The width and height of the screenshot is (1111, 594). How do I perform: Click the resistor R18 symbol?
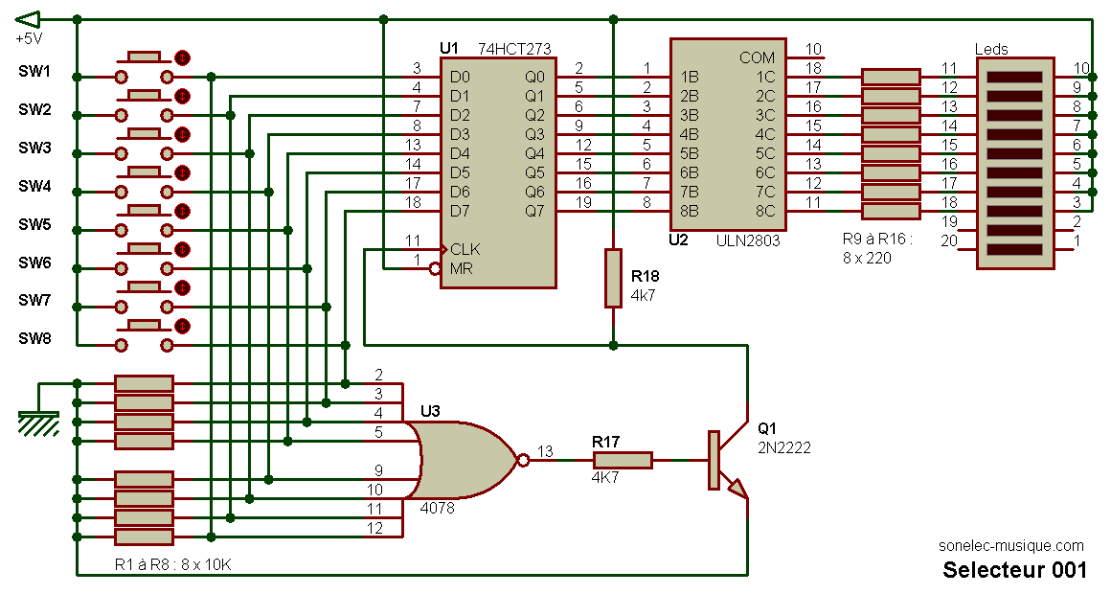[613, 278]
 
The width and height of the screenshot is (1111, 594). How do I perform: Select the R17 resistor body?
[623, 460]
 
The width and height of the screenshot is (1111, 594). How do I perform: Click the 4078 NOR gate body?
[465, 461]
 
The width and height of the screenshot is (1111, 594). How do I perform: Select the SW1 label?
[34, 71]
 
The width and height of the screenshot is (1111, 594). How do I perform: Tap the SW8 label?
[34, 338]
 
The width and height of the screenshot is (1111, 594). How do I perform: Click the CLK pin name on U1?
[465, 249]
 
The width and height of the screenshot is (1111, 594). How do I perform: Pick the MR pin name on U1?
[461, 268]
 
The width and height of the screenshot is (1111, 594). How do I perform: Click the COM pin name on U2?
[758, 57]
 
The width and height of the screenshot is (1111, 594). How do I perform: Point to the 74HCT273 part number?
[514, 49]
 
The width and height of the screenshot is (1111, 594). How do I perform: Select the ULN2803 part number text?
[747, 240]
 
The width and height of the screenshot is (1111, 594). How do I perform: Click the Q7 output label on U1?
[535, 211]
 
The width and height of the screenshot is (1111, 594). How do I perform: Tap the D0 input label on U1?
[460, 78]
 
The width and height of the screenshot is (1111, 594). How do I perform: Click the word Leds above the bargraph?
[991, 49]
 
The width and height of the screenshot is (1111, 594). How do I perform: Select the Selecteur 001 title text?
[1014, 570]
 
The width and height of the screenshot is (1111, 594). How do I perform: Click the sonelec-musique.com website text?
[1011, 546]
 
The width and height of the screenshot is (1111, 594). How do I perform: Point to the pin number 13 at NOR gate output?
[545, 451]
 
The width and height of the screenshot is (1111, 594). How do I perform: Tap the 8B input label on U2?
[690, 211]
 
